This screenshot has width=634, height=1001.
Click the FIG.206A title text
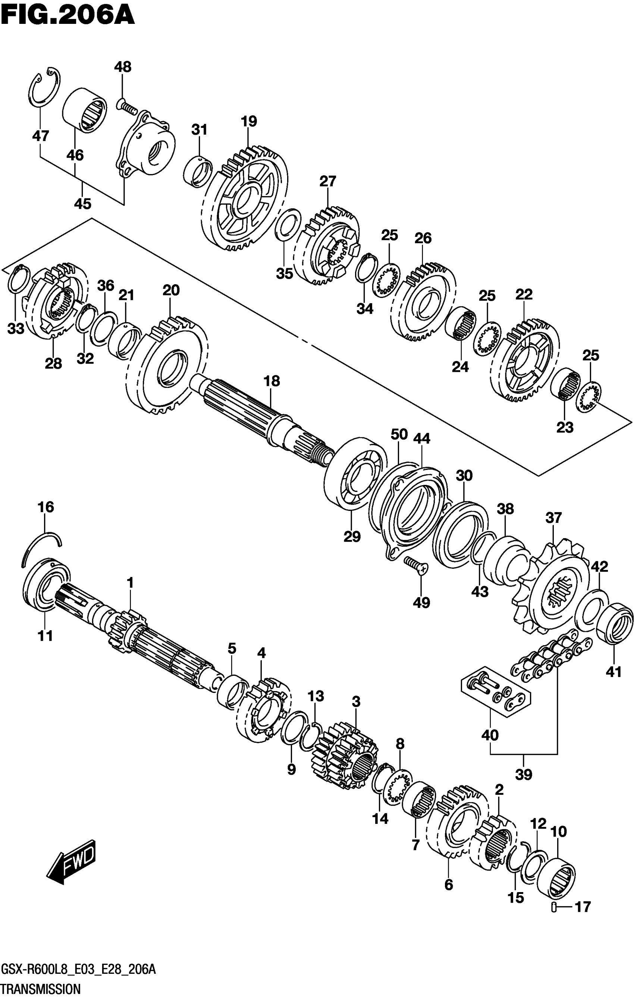tap(68, 15)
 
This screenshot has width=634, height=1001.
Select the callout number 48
tap(123, 66)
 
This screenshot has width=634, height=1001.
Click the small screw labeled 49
tap(416, 566)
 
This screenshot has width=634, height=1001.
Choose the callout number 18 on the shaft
tap(272, 381)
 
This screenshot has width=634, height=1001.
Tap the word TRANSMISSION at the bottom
tap(41, 989)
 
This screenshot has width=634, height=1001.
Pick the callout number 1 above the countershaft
tap(130, 583)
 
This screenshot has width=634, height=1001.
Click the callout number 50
tap(399, 434)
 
